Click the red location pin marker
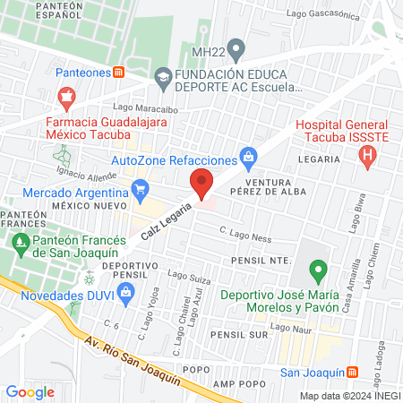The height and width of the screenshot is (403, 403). point(202,183)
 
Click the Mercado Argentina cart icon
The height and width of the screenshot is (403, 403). point(140,189)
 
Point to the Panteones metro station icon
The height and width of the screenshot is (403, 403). point(120,73)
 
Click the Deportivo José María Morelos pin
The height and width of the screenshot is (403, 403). point(316,268)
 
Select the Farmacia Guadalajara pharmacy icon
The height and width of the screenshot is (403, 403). point(64,95)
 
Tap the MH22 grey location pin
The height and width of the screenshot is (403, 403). point(236,47)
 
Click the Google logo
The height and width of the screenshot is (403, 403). point(30,391)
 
